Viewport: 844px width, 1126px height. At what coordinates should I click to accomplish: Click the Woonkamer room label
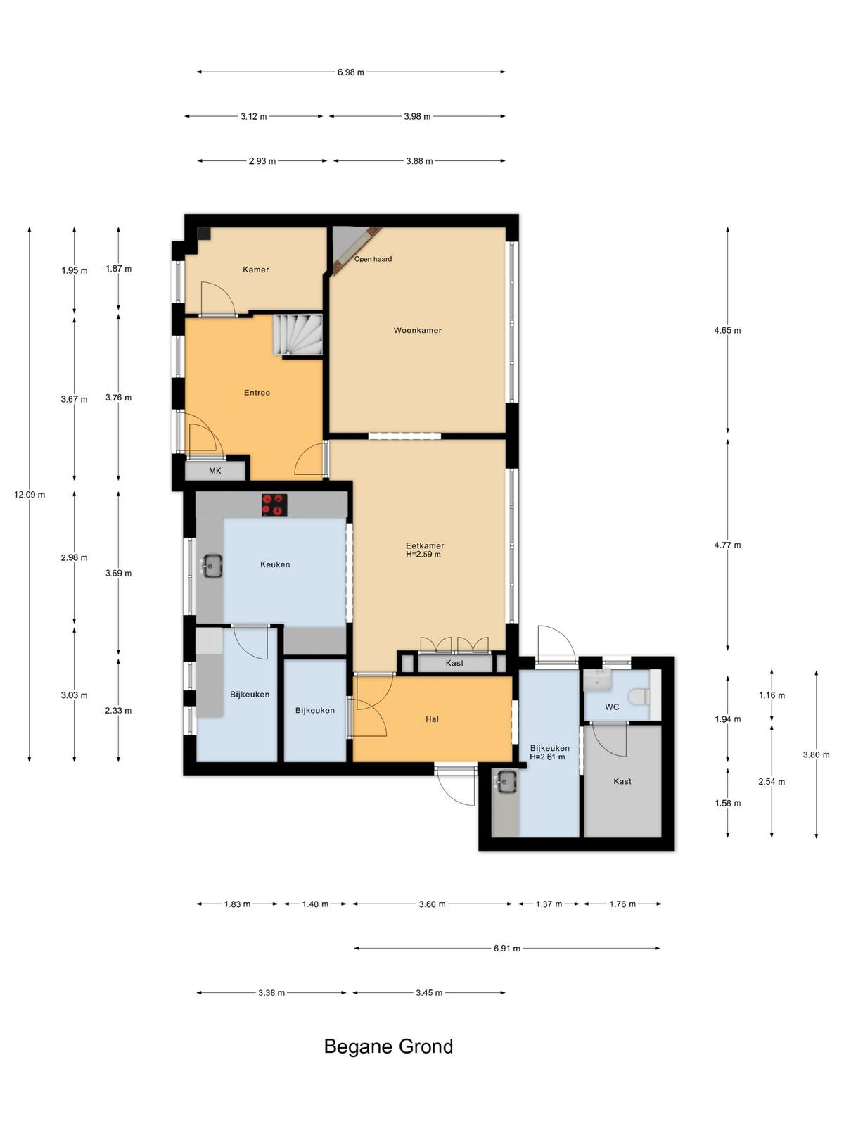417,330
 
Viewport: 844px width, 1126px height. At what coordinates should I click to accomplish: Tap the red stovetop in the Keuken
274,505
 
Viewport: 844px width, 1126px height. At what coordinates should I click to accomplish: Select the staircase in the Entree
298,335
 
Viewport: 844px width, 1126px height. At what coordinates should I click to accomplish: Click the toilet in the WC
641,697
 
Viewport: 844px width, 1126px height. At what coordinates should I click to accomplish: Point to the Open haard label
373,259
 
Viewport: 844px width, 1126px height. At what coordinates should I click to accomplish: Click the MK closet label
215,470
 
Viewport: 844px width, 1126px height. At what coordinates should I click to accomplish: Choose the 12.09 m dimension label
30,495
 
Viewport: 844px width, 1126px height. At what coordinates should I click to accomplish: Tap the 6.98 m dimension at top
350,72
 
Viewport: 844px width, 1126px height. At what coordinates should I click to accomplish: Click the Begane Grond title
388,1046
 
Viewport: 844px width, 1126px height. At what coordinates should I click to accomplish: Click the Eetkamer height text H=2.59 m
423,555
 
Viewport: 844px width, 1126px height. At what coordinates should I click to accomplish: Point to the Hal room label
432,719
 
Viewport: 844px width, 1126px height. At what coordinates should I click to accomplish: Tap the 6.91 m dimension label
507,949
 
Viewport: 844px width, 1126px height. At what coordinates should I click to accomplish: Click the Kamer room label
256,270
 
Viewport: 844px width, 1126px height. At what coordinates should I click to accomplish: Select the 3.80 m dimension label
816,754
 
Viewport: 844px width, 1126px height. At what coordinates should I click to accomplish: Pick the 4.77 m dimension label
727,545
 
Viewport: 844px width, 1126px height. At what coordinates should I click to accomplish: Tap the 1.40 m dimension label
314,904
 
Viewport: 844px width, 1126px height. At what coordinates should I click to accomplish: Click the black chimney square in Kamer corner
205,234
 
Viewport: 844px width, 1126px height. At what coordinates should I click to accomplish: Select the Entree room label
257,393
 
